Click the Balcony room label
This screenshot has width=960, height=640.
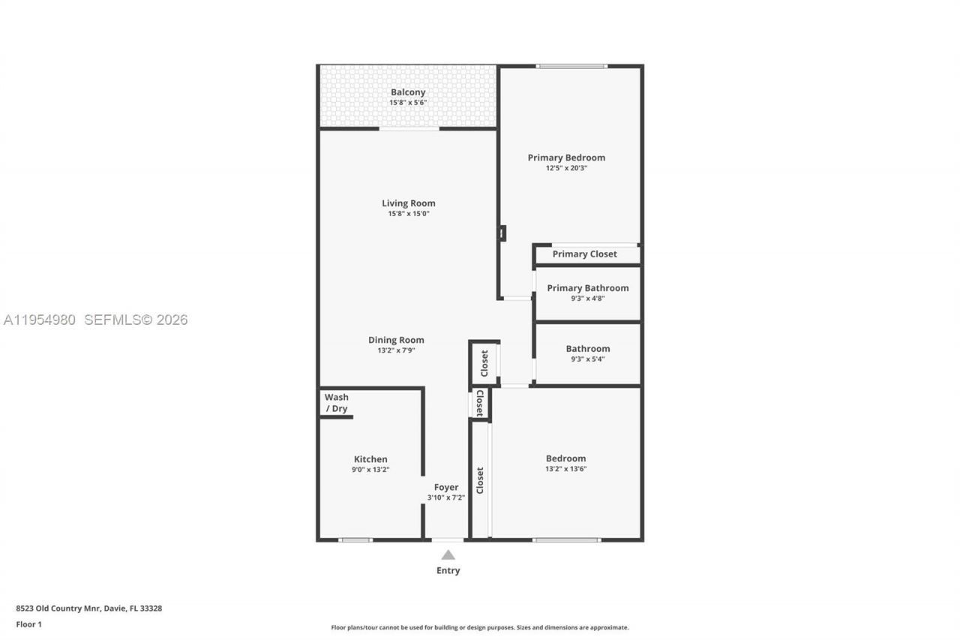click(408, 92)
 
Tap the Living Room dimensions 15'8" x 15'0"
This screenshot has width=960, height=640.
click(408, 214)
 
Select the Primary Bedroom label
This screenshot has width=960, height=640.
click(566, 158)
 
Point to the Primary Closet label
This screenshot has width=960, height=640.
click(584, 254)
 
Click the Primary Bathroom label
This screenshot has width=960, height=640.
click(587, 288)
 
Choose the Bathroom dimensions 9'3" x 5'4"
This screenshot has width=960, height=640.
click(587, 359)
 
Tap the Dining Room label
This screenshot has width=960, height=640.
click(396, 340)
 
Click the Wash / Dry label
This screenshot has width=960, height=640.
click(336, 403)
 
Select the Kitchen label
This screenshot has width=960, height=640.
click(370, 459)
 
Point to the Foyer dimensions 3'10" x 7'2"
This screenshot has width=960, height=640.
click(446, 497)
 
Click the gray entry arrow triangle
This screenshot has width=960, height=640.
click(448, 555)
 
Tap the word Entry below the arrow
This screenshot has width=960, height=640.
click(448, 570)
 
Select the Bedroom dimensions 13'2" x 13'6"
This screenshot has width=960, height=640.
click(565, 469)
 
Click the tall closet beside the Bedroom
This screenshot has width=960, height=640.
click(480, 480)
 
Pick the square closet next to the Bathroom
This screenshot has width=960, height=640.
click(484, 364)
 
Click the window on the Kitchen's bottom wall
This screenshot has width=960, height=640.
click(355, 539)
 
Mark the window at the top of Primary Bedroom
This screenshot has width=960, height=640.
click(571, 66)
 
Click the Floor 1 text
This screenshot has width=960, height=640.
click(28, 624)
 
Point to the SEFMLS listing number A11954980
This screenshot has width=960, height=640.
click(39, 320)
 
